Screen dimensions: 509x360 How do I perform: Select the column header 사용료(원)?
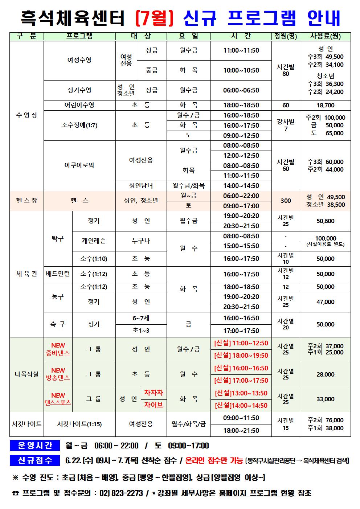click(325, 36)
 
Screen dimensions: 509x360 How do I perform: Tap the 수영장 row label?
click(26, 115)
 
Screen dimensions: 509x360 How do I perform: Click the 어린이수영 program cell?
click(79, 105)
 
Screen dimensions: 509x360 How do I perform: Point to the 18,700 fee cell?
click(325, 105)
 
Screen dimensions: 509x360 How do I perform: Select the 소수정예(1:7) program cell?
click(79, 125)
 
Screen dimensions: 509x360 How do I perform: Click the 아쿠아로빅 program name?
click(79, 165)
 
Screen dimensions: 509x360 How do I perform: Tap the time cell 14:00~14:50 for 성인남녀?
click(241, 186)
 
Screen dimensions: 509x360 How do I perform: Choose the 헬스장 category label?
click(26, 201)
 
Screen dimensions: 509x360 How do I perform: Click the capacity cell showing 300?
click(286, 201)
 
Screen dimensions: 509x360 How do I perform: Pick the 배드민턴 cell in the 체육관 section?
click(58, 274)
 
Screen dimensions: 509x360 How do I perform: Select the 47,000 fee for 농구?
click(325, 302)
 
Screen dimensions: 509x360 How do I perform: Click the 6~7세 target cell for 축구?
click(141, 318)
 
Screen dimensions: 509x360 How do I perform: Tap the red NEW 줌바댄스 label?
click(58, 349)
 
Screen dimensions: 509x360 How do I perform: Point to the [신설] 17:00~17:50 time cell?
click(241, 381)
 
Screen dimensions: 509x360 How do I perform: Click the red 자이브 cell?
click(154, 405)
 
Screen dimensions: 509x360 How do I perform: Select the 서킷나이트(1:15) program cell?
click(79, 424)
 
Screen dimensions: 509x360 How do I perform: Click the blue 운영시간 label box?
click(35, 446)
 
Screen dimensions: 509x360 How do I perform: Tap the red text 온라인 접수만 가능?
click(214, 460)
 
